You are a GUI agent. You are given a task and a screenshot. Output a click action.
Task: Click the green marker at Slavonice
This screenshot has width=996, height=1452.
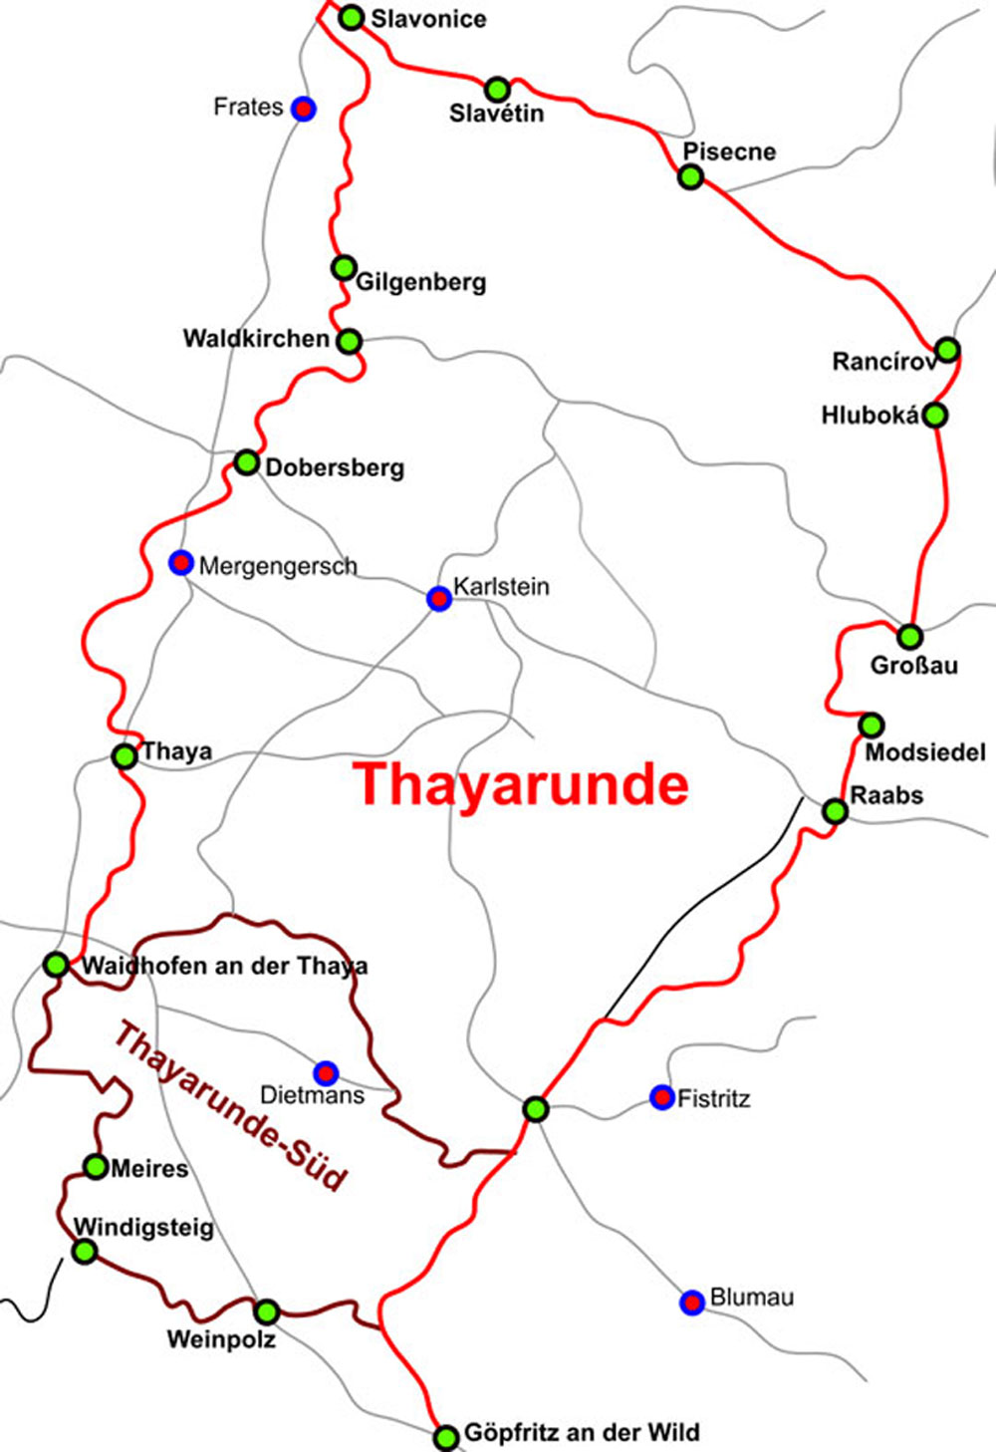pos(352,17)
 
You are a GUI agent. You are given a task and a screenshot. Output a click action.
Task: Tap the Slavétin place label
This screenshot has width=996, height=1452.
pos(496,114)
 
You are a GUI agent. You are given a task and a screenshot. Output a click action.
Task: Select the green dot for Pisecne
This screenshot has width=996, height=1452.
pos(690,177)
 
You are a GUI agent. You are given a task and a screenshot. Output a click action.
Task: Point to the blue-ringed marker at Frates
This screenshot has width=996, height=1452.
pos(304,109)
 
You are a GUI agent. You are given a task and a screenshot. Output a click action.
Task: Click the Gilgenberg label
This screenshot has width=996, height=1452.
pos(421,282)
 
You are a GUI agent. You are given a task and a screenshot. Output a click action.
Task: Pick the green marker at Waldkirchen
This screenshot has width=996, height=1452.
pos(349,341)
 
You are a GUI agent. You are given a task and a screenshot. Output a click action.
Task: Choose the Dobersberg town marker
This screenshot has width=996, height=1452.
pos(246,462)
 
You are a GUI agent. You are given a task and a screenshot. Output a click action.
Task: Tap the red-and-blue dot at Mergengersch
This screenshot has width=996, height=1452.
pos(180,563)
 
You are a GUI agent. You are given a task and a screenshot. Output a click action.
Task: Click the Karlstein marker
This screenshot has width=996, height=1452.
pos(438,599)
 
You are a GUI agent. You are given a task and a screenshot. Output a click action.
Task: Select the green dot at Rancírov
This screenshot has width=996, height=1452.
pos(947,350)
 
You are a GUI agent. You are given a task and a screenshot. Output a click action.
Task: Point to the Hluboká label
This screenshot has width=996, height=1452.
pos(870,416)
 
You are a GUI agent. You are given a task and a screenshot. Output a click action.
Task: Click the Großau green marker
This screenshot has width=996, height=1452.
pos(909,636)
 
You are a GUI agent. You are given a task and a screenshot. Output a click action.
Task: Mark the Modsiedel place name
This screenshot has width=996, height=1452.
pos(924,752)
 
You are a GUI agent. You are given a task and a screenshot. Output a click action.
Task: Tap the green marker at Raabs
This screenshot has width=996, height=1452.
pos(836,811)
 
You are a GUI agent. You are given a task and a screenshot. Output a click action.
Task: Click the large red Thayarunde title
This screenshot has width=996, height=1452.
pos(522,784)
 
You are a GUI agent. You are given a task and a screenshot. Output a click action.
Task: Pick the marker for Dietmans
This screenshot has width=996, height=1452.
pos(326,1073)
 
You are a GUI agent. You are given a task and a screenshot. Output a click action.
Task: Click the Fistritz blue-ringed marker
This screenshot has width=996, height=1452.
pos(661,1097)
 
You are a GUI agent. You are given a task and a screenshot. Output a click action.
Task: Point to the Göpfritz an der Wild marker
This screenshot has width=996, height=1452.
pos(446,1436)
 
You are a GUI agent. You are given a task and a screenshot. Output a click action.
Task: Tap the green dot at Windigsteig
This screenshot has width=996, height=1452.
pos(86,1252)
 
